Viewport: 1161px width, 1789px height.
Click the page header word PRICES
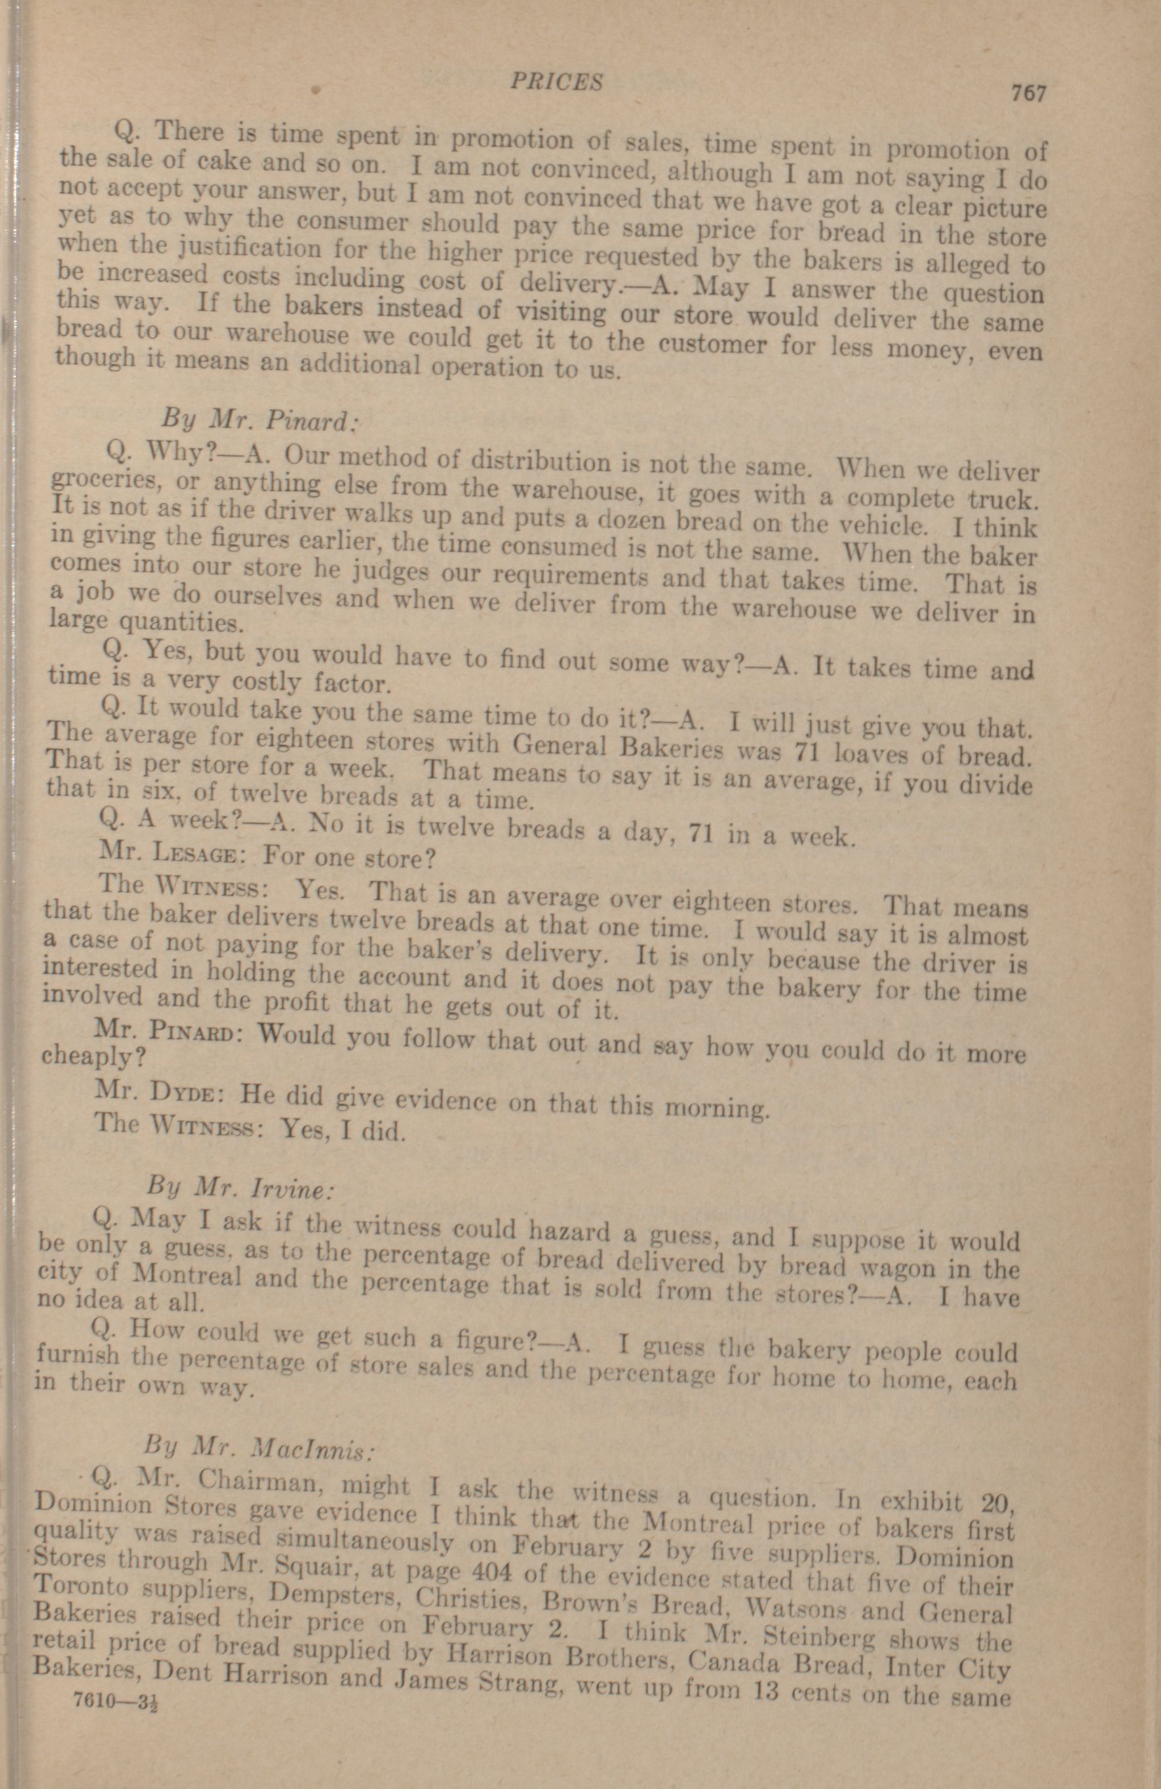tap(557, 82)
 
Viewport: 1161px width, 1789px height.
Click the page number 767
tap(1028, 93)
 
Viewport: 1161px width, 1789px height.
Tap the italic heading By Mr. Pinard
tap(257, 416)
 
